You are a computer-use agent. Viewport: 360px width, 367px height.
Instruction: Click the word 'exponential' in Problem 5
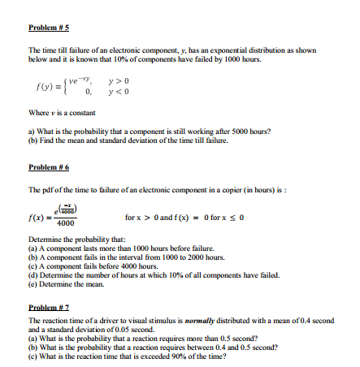tap(210, 50)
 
